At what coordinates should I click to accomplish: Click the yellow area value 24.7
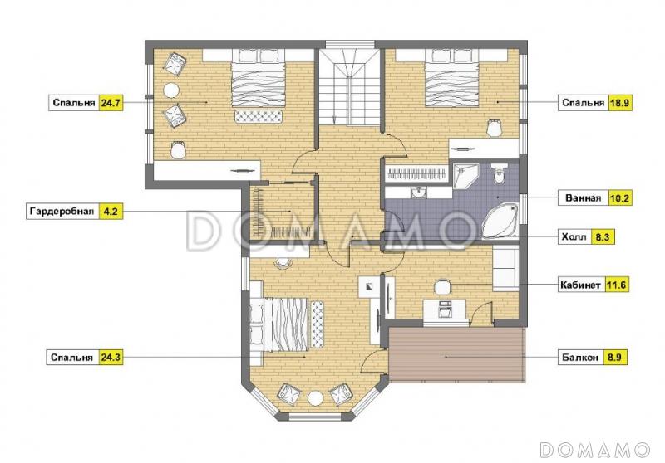click(111, 102)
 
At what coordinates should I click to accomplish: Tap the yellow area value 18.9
click(620, 102)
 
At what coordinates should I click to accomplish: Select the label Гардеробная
click(62, 211)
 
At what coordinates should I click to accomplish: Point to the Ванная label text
click(583, 197)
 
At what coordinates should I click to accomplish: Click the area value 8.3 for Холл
click(602, 237)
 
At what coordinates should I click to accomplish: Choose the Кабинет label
click(580, 285)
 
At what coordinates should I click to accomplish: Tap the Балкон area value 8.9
click(614, 357)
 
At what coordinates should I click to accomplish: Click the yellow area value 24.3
click(111, 357)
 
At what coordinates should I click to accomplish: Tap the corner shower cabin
click(465, 175)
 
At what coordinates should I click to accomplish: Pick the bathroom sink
click(419, 193)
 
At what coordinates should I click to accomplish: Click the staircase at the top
click(349, 87)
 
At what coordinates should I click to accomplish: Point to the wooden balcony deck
click(457, 354)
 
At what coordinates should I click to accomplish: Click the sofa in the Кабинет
click(505, 270)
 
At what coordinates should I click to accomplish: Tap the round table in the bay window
click(316, 398)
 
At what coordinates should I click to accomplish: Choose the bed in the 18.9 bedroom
click(451, 78)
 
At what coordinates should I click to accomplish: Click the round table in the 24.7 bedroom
click(171, 90)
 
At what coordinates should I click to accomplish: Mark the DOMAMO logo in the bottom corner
click(594, 450)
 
